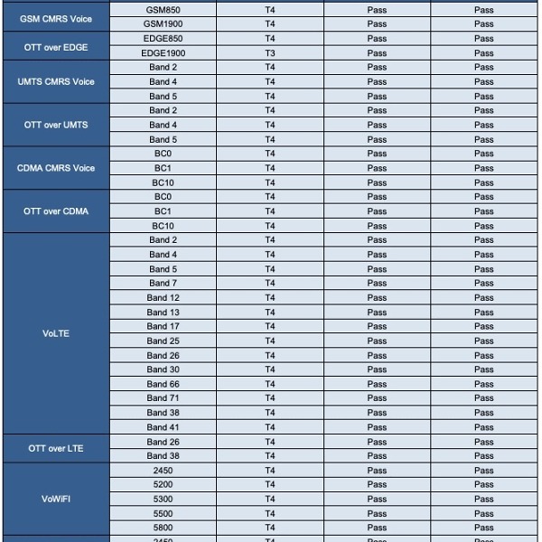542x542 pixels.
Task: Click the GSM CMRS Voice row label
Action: coord(56,17)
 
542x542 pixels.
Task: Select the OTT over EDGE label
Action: coord(56,46)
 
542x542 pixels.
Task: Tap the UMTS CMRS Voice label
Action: coord(56,81)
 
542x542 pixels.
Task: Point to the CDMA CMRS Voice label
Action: coord(56,168)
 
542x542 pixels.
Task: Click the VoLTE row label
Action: coord(56,333)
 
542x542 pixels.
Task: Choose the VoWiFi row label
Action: coord(56,499)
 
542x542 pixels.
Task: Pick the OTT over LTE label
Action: coord(56,448)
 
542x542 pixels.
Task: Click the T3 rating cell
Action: coord(270,53)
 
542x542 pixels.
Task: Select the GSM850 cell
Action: coord(163,10)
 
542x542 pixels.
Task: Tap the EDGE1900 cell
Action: coord(163,53)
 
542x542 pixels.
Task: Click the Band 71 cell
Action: coord(163,398)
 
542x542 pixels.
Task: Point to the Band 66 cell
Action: coord(163,384)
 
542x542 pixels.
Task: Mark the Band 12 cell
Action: coord(163,297)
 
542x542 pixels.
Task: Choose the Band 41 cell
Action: coord(163,427)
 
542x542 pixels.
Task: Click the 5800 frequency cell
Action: coord(163,528)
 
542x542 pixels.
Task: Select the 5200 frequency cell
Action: coord(163,484)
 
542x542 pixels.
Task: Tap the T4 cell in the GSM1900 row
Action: coord(270,24)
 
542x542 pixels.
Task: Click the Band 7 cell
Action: coord(163,283)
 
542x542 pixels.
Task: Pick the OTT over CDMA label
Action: coord(56,211)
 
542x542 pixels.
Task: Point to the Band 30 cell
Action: coord(163,369)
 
